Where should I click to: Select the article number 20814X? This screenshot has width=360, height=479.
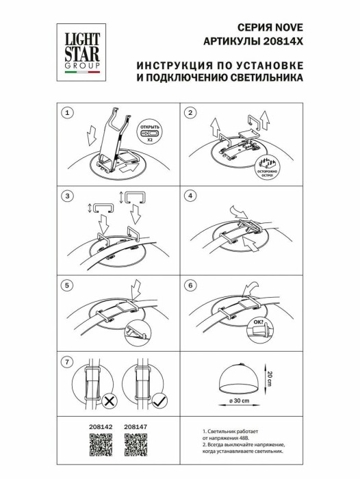pyautogui.click(x=283, y=41)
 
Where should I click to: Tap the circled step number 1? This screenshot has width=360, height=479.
pyautogui.click(x=66, y=112)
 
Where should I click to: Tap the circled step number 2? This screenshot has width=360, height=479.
pyautogui.click(x=191, y=112)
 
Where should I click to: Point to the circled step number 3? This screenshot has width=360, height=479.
pyautogui.click(x=66, y=196)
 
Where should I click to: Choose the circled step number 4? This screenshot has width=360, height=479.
pyautogui.click(x=191, y=196)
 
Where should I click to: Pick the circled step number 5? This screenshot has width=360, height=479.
pyautogui.click(x=66, y=283)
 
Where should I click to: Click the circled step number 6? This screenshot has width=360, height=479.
pyautogui.click(x=191, y=283)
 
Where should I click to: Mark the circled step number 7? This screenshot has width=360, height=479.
pyautogui.click(x=66, y=361)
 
